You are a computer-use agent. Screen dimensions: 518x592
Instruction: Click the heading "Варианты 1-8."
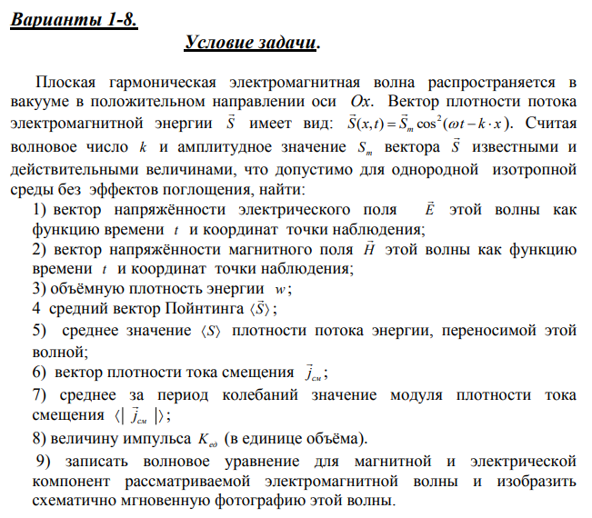(x=74, y=19)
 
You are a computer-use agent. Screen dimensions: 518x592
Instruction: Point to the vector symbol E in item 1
(x=430, y=209)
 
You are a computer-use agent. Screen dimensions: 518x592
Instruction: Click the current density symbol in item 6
(x=312, y=373)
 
